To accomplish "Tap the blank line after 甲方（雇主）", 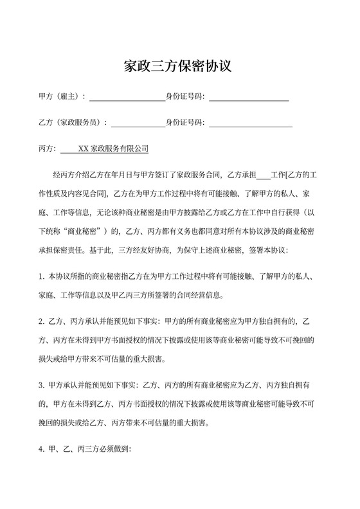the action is click(x=127, y=98).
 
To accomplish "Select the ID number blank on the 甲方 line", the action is click(x=248, y=98).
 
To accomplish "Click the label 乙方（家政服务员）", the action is click(x=73, y=123).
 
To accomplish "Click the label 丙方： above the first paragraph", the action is click(x=49, y=148).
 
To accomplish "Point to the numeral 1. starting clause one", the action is click(x=42, y=277).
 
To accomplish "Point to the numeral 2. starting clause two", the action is click(x=42, y=321).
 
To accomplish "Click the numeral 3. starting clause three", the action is click(x=42, y=386).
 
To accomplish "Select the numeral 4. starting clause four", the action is click(x=42, y=449).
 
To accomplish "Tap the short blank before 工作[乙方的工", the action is click(x=264, y=175).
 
